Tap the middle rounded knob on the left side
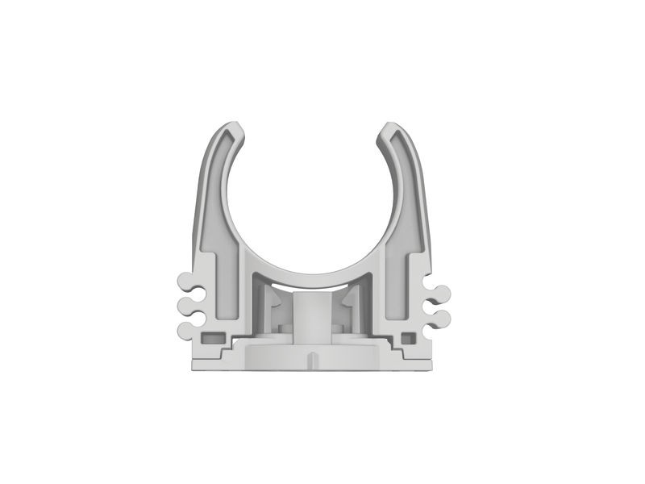(185, 306)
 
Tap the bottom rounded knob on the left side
(185, 327)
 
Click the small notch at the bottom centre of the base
(314, 358)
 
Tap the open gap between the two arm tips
(314, 129)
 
